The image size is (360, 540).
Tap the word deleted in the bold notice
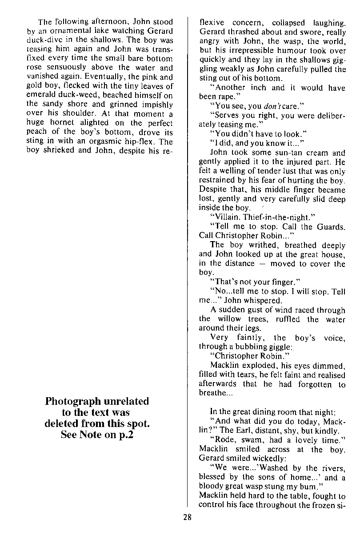64,423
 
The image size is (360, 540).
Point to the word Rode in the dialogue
225,440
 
